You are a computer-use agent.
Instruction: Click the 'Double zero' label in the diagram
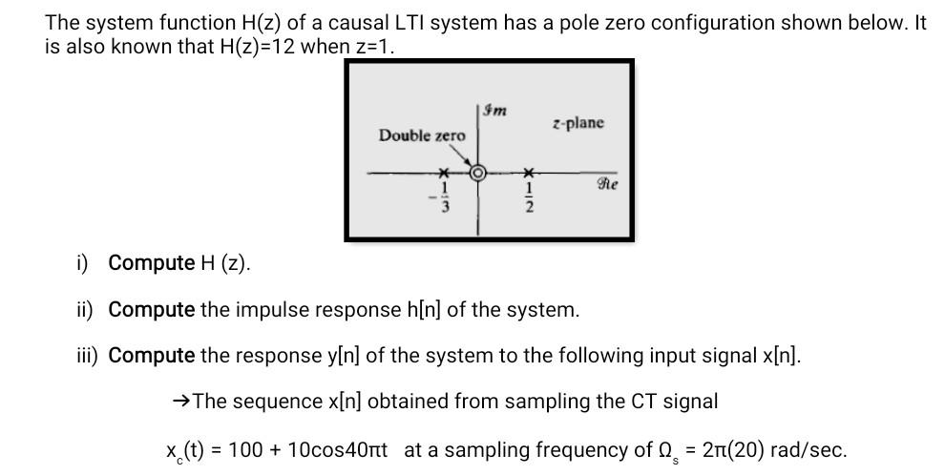pyautogui.click(x=422, y=135)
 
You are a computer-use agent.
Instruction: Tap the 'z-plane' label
pyautogui.click(x=577, y=124)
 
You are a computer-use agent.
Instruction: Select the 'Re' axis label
pyautogui.click(x=607, y=185)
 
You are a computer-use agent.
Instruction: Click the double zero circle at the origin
pyautogui.click(x=479, y=174)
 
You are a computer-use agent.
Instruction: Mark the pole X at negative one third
pyautogui.click(x=442, y=174)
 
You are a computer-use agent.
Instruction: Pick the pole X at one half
pyautogui.click(x=527, y=174)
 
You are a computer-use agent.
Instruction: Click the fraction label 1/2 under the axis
pyautogui.click(x=527, y=199)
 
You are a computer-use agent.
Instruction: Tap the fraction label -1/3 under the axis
pyautogui.click(x=440, y=199)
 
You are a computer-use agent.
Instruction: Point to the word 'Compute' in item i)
pyautogui.click(x=151, y=263)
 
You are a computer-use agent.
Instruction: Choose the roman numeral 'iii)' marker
pyautogui.click(x=89, y=356)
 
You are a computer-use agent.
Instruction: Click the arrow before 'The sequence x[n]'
pyautogui.click(x=180, y=402)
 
